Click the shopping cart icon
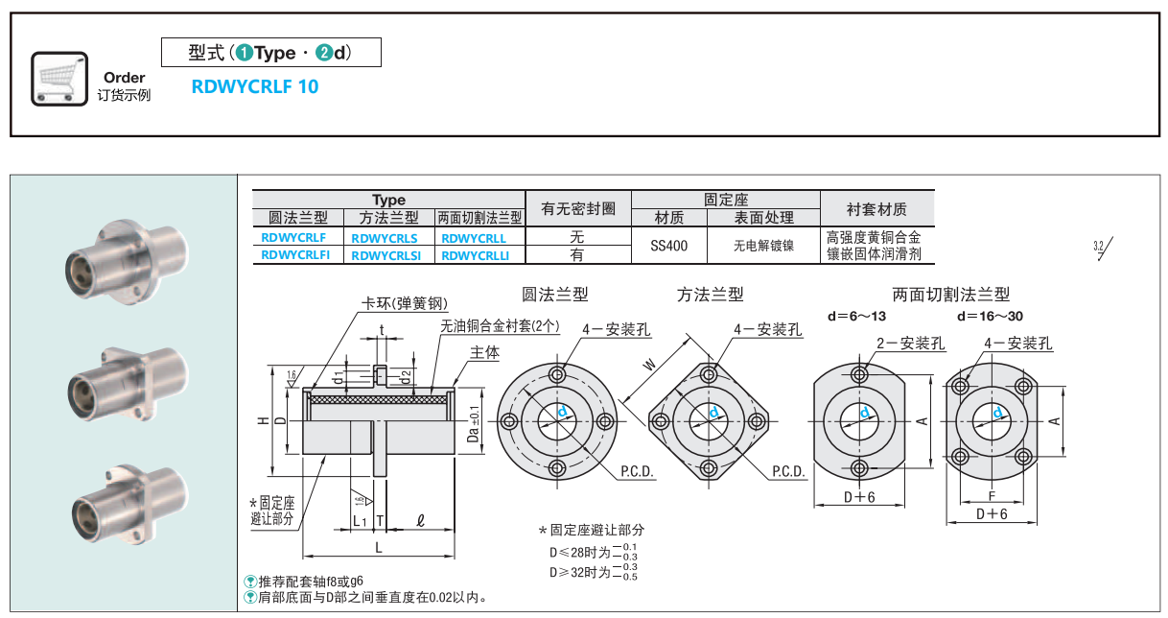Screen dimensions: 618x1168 pos(59,78)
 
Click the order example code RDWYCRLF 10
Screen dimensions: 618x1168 pos(255,86)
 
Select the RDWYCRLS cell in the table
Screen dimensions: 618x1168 pos(385,237)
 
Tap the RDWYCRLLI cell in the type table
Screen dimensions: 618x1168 pos(477,255)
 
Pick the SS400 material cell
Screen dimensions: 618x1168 pos(668,246)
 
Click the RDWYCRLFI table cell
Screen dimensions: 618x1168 pos(295,255)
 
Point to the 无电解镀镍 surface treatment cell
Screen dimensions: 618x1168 pos(763,246)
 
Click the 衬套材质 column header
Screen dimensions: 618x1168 pos(876,209)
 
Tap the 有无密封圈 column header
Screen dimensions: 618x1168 pos(578,208)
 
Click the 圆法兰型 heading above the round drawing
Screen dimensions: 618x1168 pos(554,295)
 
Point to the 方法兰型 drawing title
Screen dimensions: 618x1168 pos(710,295)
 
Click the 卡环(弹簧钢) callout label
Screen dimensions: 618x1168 pos(404,304)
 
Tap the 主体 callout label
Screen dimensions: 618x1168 pos(484,352)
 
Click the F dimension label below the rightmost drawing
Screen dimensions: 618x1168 pos(992,497)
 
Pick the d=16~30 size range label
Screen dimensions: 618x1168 pos(990,316)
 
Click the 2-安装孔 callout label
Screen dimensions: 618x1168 pos(910,343)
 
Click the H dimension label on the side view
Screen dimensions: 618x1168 pos(263,421)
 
